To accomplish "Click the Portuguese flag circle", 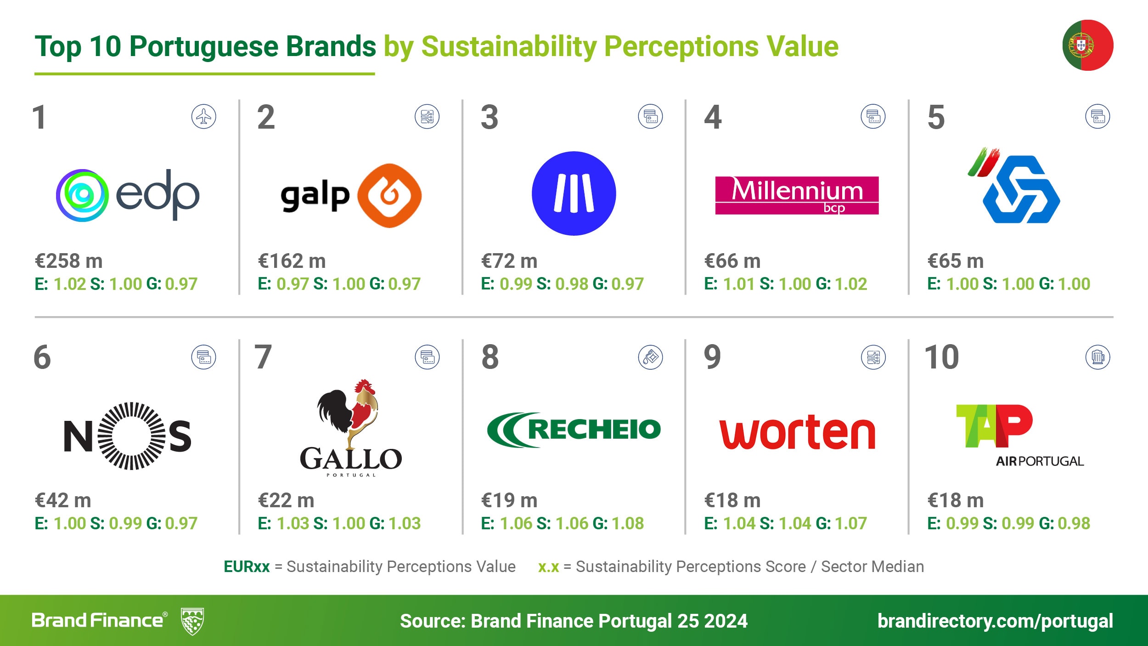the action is tap(1087, 45).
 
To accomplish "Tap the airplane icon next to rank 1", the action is tap(203, 117).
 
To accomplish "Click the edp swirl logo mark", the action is tap(83, 195).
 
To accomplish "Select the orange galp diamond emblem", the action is tap(389, 195).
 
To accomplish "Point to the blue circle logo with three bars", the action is tap(574, 193).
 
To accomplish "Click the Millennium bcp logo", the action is tap(797, 195).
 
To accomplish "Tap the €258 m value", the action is tap(69, 261).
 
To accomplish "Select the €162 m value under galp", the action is tap(292, 261).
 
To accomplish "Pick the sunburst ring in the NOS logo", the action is tap(132, 436).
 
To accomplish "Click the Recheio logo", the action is tap(574, 430).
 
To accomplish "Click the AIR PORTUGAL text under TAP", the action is tap(1040, 461).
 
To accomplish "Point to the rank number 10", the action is tap(941, 357).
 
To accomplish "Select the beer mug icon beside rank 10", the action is tap(1097, 357).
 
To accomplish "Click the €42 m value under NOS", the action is tap(63, 500).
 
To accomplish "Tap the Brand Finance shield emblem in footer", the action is tap(192, 621).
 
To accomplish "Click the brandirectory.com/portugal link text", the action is tap(995, 621).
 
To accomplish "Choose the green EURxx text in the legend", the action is tap(247, 567).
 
